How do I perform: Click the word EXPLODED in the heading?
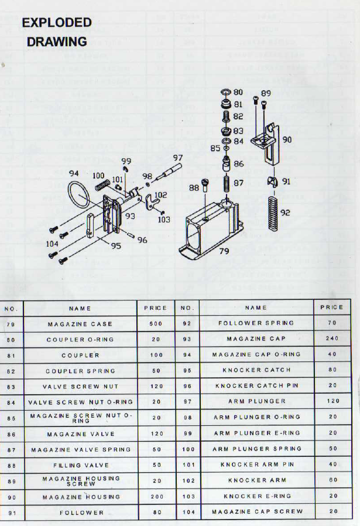57,22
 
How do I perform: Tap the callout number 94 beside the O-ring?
74,173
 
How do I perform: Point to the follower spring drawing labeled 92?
274,213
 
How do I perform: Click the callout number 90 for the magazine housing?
287,139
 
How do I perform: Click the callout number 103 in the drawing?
164,220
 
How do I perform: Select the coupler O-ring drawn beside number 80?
226,92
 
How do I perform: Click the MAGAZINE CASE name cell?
80,325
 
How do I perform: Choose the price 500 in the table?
156,324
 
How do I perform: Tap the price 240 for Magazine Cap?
332,339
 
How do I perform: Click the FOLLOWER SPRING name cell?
256,323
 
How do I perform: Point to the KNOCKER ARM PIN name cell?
257,464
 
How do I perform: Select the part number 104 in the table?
188,512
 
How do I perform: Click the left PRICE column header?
156,308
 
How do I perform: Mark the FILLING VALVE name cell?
81,465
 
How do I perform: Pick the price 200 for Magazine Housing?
157,497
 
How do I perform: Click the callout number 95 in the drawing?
116,246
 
